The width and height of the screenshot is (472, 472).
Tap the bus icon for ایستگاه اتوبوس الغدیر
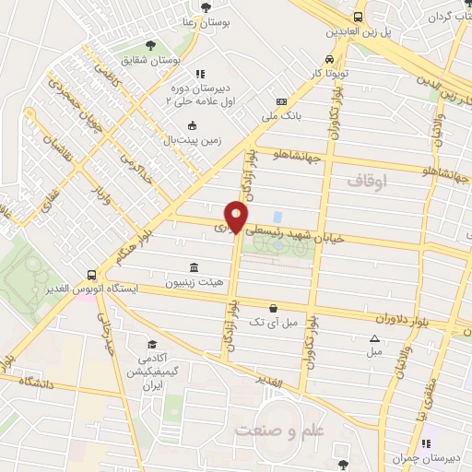tap(91, 274)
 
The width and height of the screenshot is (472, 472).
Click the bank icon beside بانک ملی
tap(281, 101)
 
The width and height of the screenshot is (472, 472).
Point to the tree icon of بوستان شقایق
tap(149, 45)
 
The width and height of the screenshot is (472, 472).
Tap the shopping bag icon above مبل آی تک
tap(272, 308)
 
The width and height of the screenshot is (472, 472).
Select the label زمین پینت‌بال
tap(195, 141)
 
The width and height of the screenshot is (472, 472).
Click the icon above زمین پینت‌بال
tap(192, 125)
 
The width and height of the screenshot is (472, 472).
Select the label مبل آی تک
tap(273, 323)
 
